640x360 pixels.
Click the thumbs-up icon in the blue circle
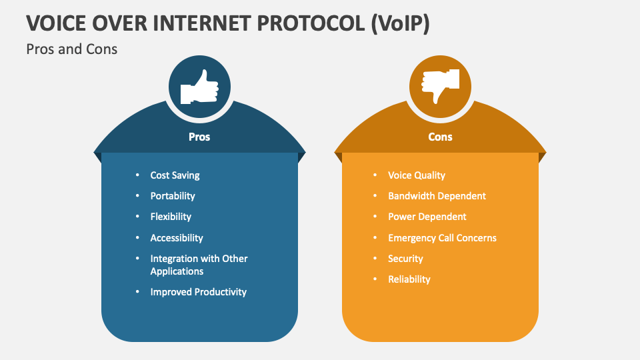point(199,87)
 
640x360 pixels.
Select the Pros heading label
point(199,137)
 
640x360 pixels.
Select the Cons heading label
point(440,137)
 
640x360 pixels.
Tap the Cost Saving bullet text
point(175,175)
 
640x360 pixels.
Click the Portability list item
point(173,196)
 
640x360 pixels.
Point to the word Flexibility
point(171,217)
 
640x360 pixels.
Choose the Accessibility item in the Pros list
point(177,238)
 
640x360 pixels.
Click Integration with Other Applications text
point(199,265)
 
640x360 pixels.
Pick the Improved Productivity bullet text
point(199,292)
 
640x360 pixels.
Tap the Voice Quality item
point(417,175)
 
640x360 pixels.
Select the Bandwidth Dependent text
point(437,196)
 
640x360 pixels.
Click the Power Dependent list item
point(427,217)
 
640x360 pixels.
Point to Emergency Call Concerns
point(442,238)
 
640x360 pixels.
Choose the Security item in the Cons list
point(405,259)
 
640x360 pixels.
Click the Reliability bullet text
point(409,279)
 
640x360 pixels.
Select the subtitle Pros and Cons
point(71,49)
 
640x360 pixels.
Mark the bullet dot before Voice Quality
point(375,175)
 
